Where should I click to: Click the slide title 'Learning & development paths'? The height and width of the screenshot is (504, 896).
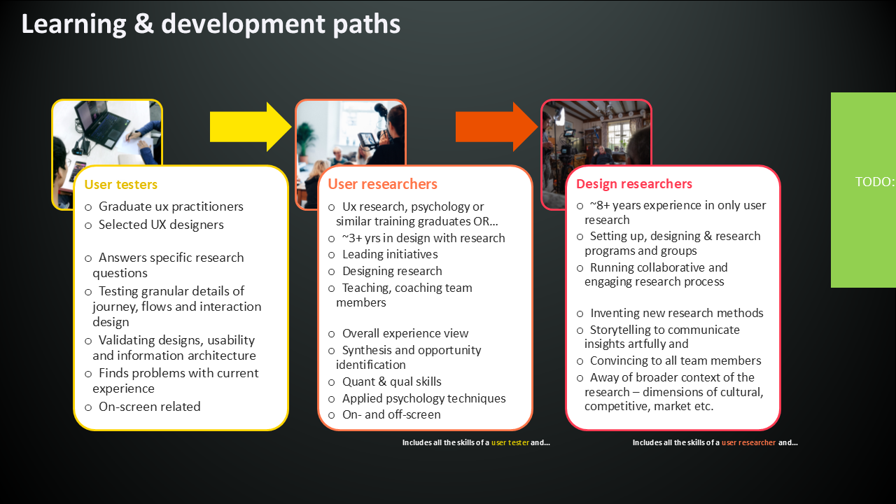[x=211, y=24]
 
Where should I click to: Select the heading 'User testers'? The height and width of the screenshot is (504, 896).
[x=121, y=185]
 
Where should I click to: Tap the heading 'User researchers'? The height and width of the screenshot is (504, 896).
[x=382, y=184]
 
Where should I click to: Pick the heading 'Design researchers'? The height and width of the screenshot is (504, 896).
[x=634, y=184]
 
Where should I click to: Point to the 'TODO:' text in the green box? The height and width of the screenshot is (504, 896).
[x=874, y=182]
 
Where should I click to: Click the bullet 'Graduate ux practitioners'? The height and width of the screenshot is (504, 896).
[x=171, y=207]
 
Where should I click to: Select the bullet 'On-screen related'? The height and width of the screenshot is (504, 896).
[x=149, y=407]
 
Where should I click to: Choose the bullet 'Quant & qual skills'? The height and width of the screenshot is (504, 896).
[x=391, y=381]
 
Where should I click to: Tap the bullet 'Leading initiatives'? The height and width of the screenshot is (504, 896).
[x=390, y=255]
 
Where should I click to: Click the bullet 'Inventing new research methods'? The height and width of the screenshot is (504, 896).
[x=676, y=313]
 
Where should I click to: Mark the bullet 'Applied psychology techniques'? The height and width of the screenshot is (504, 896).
[x=423, y=398]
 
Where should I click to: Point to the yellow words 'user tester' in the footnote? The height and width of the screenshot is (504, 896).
[x=510, y=442]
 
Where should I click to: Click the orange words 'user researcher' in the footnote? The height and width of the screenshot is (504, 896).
[x=748, y=442]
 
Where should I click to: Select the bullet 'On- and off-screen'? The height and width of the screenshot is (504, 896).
[x=391, y=414]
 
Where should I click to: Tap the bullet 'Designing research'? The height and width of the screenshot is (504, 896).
[x=392, y=271]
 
